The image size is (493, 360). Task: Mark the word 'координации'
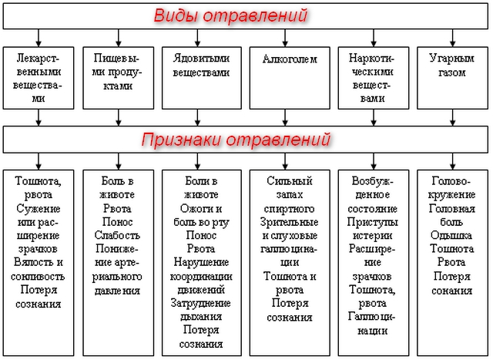coord(199,278)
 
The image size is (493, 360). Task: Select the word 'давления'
coord(117,291)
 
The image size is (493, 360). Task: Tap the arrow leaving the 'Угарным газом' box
coord(451,116)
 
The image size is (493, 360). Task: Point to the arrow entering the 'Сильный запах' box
coord(284,160)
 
